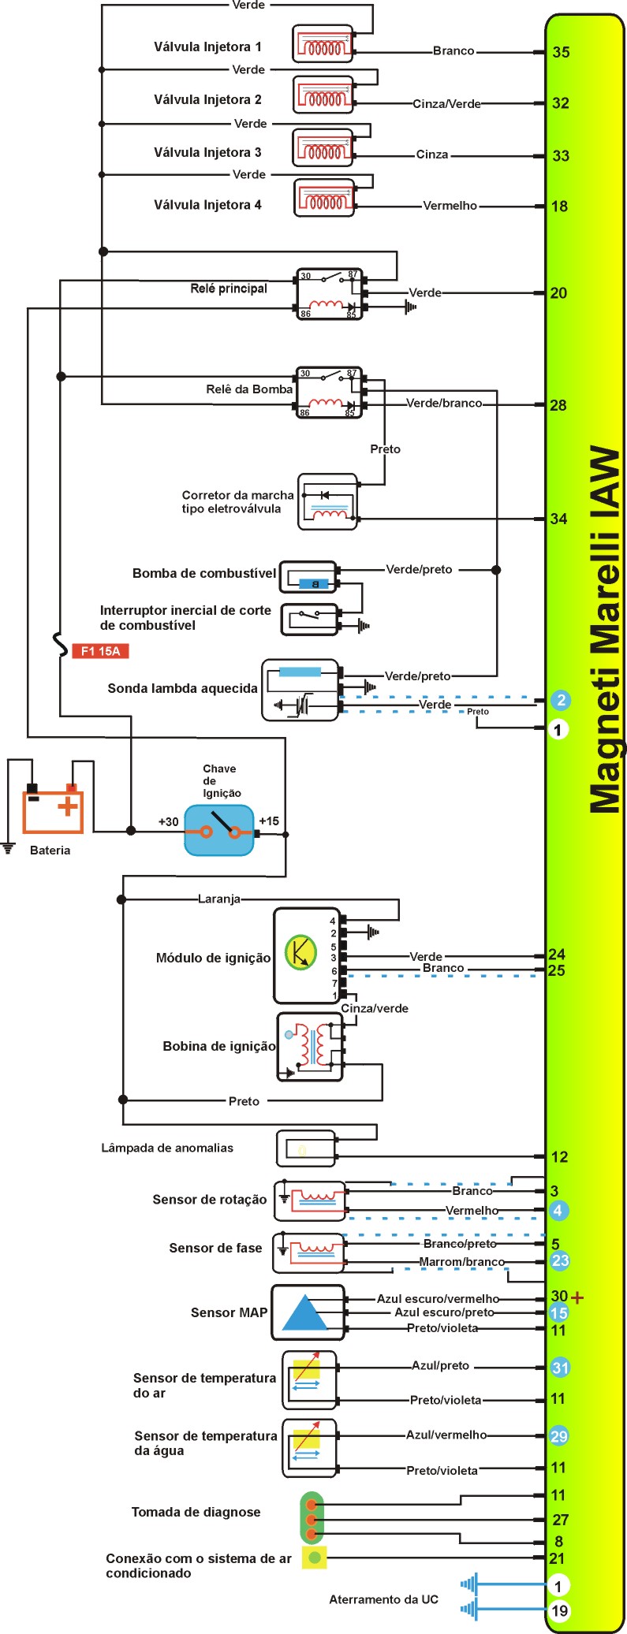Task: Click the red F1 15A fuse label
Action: point(100,651)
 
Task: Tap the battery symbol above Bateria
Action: point(53,807)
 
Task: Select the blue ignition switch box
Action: point(219,830)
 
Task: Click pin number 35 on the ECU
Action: point(561,52)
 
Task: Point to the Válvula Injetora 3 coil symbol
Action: point(323,148)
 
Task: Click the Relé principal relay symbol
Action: point(330,294)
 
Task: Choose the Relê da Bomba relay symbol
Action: point(330,392)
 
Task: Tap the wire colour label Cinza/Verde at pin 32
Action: point(446,103)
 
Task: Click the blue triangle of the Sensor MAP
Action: point(304,1313)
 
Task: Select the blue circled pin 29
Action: point(559,1436)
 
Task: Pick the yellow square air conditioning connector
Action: point(315,1557)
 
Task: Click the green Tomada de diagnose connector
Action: point(312,1517)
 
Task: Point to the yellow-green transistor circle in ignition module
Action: point(300,952)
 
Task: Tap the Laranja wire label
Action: point(218,899)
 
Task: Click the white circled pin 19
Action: point(559,1610)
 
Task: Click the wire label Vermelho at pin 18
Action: point(450,206)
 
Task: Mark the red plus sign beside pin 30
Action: point(577,1297)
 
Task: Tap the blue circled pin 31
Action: point(560,1368)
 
